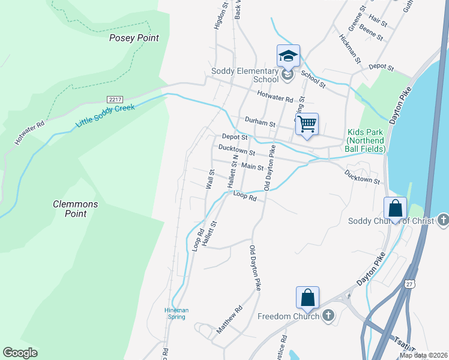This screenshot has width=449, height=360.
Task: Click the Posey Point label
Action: point(134,38)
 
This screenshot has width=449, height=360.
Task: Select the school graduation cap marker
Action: point(288,56)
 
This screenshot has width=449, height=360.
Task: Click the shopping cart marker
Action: point(307,124)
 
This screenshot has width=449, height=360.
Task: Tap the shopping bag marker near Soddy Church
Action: point(396,208)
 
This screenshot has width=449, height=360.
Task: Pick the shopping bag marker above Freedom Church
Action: point(307,297)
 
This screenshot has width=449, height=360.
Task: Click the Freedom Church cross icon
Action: point(328,316)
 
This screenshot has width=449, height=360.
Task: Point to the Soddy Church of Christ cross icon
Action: point(443,220)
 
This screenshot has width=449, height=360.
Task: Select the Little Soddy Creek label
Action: point(105,115)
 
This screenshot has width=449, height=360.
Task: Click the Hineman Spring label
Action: point(176,313)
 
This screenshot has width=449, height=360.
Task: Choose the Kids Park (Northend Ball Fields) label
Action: point(365,140)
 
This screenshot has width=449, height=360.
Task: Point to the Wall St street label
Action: point(210,179)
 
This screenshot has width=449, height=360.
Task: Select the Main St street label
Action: point(253,167)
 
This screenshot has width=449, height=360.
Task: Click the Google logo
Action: point(20,353)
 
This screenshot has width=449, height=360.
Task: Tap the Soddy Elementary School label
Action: point(245,75)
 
